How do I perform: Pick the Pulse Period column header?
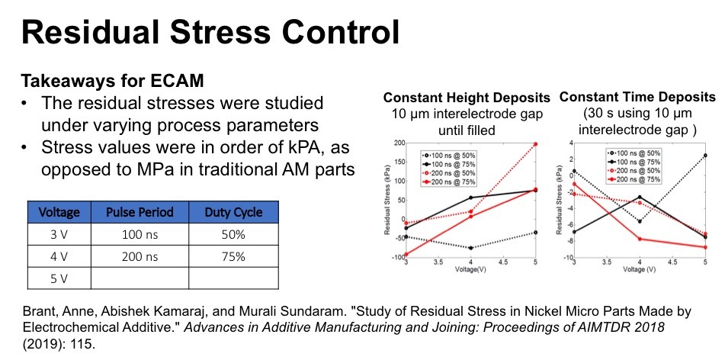139,212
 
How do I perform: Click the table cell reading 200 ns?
139,256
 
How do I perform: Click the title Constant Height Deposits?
467,98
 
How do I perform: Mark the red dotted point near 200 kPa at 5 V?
536,143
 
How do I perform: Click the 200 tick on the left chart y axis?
398,143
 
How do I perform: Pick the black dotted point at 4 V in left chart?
470,248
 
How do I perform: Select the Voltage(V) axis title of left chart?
470,269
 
